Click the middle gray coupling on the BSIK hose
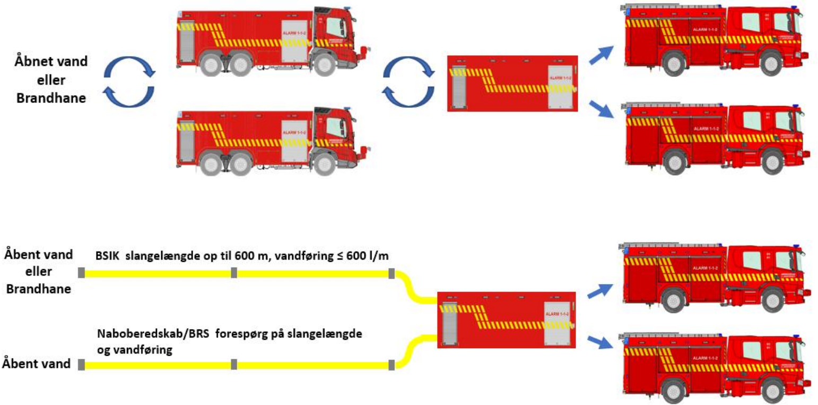coord(233,273)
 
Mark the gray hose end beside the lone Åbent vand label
coord(81,365)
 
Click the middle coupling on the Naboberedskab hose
coord(233,365)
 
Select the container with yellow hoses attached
coord(506,320)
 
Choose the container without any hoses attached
coord(512,83)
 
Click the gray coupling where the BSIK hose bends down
coord(391,273)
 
